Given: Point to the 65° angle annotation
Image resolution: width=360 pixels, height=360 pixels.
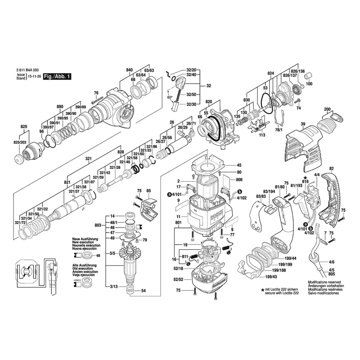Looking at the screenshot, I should [170, 97].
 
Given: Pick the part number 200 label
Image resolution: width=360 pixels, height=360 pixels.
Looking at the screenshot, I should [327, 109].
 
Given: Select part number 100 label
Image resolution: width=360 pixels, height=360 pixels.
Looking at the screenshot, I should [309, 84].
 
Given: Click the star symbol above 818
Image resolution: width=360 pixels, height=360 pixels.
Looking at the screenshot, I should [305, 178].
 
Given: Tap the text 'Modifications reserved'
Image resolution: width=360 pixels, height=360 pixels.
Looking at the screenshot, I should [324, 283].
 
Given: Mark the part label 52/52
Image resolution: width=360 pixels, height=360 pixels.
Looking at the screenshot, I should [179, 279].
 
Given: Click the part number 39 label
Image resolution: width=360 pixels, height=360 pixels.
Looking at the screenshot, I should [303, 124].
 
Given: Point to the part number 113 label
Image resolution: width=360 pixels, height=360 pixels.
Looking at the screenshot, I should [262, 135].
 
